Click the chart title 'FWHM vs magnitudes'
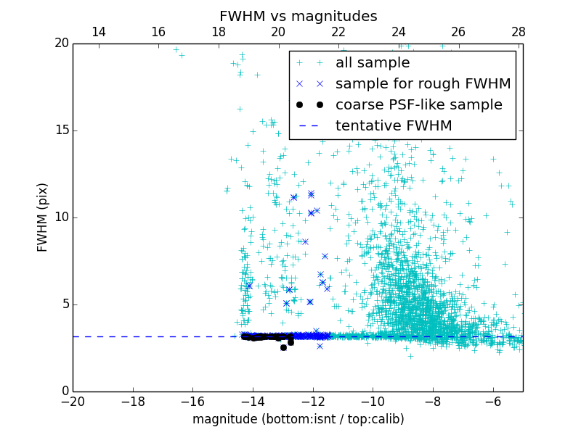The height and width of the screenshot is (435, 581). pos(298,16)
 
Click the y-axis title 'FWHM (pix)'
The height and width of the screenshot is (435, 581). pos(43,217)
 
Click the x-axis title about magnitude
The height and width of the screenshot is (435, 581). pos(298,419)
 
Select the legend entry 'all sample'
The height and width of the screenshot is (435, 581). pos(372,63)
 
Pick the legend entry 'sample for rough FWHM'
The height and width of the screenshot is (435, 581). pos(423,84)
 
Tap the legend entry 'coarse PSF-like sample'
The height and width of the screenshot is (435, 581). pos(418,105)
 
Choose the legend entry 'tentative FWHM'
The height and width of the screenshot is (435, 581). pos(393,126)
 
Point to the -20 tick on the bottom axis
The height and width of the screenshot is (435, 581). pos(73,401)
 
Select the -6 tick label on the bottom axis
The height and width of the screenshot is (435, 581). pos(492,401)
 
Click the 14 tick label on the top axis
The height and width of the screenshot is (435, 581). pos(98,32)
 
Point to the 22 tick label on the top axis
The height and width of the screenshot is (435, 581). pos(338,32)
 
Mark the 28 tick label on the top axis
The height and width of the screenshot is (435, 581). pos(519,32)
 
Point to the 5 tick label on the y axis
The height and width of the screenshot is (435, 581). pos(64,304)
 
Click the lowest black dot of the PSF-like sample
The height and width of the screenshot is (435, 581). pos(283,347)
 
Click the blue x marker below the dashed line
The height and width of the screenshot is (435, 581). pos(320,346)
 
